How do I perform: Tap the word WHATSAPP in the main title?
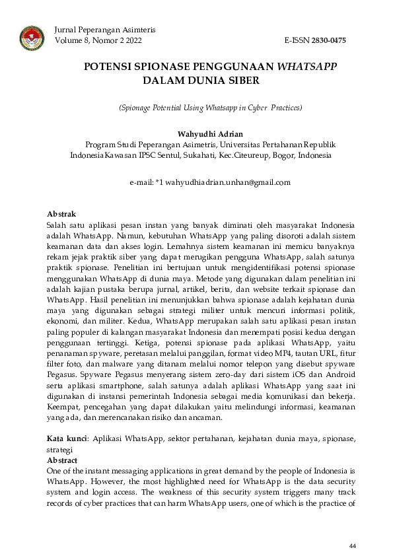(307, 67)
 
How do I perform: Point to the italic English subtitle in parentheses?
(210, 107)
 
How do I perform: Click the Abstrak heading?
(61, 215)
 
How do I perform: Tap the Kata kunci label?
(68, 438)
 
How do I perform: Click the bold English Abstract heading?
(62, 460)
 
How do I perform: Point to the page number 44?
(353, 545)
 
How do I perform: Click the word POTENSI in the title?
(107, 67)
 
